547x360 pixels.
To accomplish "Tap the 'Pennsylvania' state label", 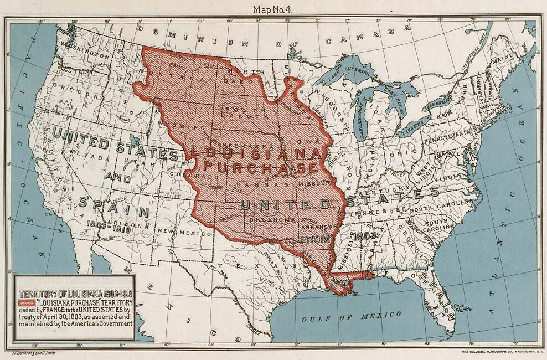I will pos(449,141).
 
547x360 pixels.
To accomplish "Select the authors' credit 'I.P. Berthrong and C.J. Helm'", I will pos(36,352).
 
